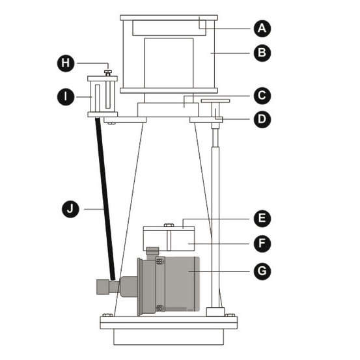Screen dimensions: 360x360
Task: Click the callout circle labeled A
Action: coord(262,29)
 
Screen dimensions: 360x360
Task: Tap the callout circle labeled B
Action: coord(262,53)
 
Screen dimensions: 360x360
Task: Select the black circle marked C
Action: coord(262,96)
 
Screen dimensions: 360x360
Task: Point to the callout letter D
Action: coord(262,119)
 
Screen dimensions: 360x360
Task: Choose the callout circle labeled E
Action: coord(262,218)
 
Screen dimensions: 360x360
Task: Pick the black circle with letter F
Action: coord(262,243)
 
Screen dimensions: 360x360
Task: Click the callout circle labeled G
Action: coord(262,271)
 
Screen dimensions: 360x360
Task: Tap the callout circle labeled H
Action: coord(66,63)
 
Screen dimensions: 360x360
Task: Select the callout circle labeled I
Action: coord(66,96)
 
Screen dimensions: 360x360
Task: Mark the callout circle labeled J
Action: coord(70,209)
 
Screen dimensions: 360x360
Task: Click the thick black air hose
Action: coord(105,199)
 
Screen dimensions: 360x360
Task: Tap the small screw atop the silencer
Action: coord(108,73)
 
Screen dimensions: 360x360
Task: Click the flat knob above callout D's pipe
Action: coord(215,101)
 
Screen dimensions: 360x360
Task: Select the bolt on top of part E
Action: coord(169,225)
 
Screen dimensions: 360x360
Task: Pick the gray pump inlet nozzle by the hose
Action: coord(103,286)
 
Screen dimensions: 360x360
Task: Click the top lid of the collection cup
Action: coord(169,18)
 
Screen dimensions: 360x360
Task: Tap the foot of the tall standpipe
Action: coord(215,312)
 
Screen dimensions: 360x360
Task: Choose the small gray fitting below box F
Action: coord(153,251)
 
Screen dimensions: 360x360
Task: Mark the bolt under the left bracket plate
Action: coord(111,124)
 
